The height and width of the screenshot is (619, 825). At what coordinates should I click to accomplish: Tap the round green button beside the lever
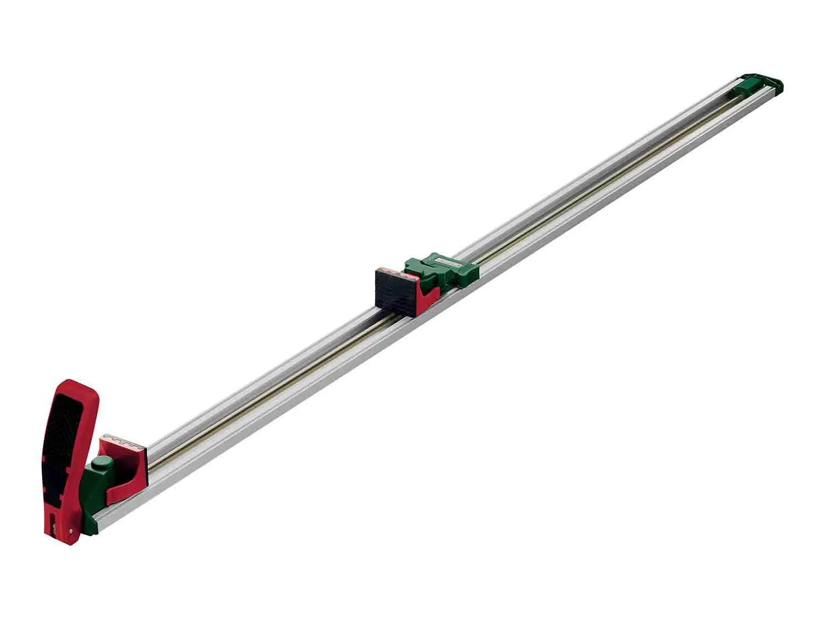click(101, 463)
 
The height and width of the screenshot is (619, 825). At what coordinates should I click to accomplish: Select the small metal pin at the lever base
click(71, 529)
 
